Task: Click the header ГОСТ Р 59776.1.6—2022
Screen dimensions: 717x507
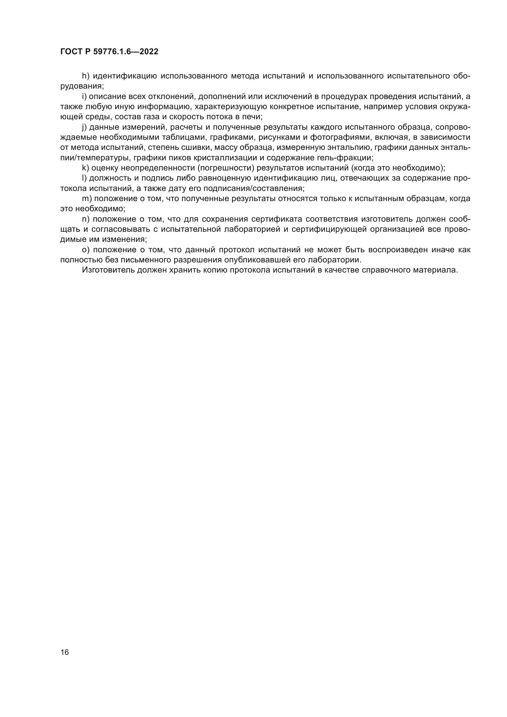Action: coord(109,52)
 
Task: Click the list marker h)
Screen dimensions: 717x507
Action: coord(86,76)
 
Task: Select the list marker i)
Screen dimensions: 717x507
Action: coord(84,97)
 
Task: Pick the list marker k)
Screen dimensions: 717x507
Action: coord(86,168)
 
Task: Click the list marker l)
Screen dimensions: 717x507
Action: coord(84,178)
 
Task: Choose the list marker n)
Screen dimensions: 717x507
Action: coord(86,219)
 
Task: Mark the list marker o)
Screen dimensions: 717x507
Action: coord(86,250)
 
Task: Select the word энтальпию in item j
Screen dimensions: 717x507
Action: coord(350,147)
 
